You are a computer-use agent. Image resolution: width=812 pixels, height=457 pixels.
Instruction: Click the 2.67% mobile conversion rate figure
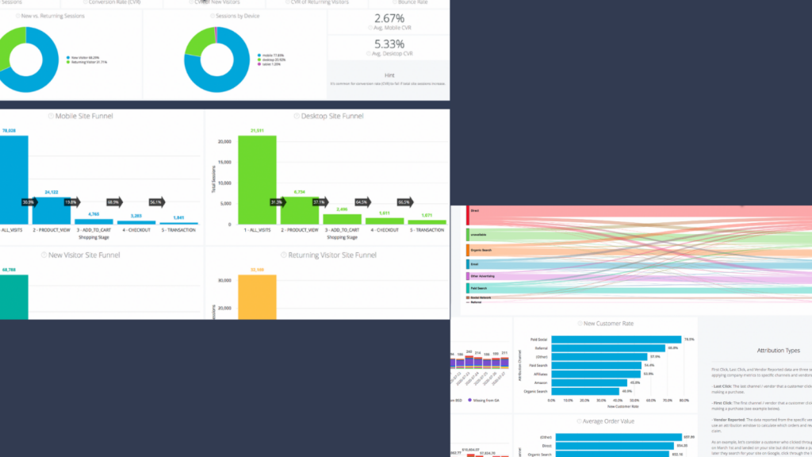389,18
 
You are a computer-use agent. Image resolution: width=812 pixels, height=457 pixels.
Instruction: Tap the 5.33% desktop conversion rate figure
389,44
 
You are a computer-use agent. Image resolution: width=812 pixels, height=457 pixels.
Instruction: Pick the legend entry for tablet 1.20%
274,64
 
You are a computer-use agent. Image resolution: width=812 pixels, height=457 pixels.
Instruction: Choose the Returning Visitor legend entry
89,61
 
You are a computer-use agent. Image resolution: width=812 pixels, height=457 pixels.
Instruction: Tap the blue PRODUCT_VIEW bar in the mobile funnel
52,210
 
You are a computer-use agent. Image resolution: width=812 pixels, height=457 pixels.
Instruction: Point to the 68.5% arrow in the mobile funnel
114,202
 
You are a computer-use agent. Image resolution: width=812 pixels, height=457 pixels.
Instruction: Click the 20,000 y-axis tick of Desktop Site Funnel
224,141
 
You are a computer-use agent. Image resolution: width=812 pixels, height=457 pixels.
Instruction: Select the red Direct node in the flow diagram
468,212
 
